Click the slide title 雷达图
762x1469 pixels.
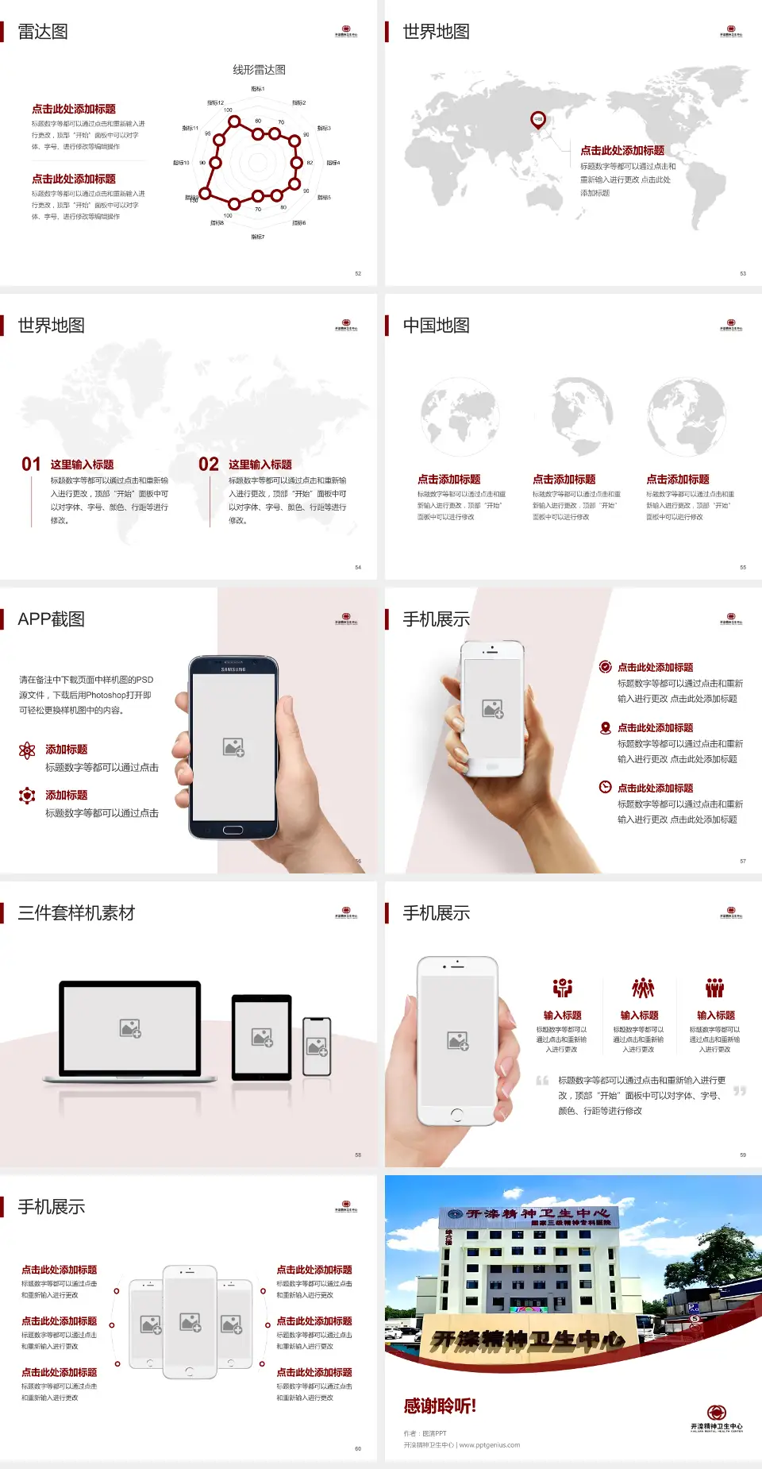[x=43, y=32]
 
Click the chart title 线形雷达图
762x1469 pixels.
[x=259, y=70]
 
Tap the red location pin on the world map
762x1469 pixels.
[x=537, y=120]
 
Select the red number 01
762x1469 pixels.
[x=31, y=465]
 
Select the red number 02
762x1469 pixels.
[x=209, y=465]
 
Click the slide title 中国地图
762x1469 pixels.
[x=436, y=326]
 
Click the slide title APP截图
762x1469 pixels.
[x=51, y=619]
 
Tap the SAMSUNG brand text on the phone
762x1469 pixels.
[x=233, y=669]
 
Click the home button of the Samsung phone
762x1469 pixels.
[x=233, y=830]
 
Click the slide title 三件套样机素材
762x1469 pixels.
[x=76, y=913]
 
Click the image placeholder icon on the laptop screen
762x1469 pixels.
[x=130, y=1028]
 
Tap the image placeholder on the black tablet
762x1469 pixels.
[x=262, y=1037]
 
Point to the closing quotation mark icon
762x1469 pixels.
[x=740, y=1091]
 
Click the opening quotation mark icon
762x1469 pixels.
[x=542, y=1080]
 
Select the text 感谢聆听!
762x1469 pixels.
[x=440, y=1406]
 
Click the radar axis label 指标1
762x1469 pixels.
[x=258, y=89]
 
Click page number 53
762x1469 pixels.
[x=743, y=273]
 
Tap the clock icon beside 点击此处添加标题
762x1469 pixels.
[x=605, y=787]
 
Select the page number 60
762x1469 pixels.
[x=358, y=1448]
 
